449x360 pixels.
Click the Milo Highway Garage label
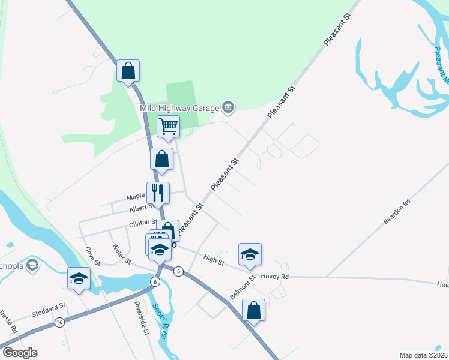tap(178, 108)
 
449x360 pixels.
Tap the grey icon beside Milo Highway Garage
tap(228, 107)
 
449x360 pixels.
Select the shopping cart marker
tap(169, 127)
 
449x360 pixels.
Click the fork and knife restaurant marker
tap(158, 193)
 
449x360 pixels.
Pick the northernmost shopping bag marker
tap(128, 71)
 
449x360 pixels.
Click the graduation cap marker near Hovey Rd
tap(250, 254)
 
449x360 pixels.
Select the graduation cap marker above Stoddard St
tap(79, 278)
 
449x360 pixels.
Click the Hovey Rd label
tap(275, 277)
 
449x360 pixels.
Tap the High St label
tap(214, 260)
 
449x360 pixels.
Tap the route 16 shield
tap(59, 322)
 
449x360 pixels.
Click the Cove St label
tap(92, 256)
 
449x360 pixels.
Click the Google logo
tap(20, 353)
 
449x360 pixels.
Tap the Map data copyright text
tap(423, 355)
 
